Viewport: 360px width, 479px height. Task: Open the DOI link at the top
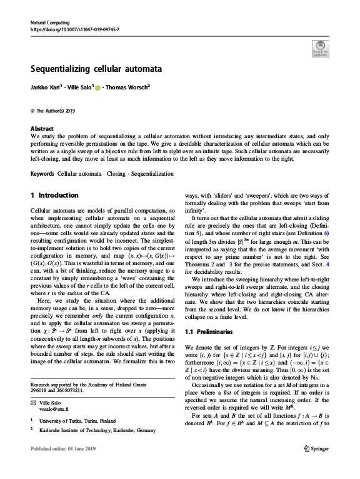[x=75, y=29]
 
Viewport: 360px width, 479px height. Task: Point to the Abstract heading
[x=42, y=128]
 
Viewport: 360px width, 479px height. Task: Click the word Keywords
[x=43, y=173]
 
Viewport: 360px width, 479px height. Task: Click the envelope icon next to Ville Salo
[x=34, y=401]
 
